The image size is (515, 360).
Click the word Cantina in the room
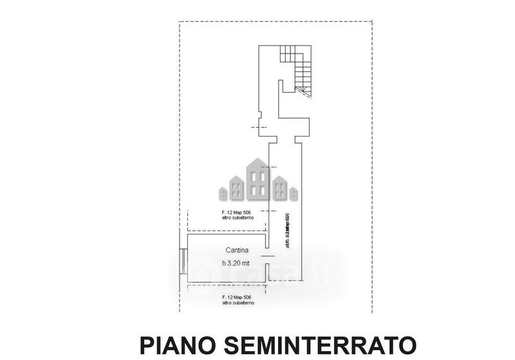(x=237, y=250)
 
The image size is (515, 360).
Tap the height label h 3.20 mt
(x=237, y=263)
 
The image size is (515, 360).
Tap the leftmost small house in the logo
(x=223, y=191)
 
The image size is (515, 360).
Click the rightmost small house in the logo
(x=294, y=192)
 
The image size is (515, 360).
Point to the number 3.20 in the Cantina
(x=239, y=263)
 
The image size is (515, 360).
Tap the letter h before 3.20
(x=224, y=263)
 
